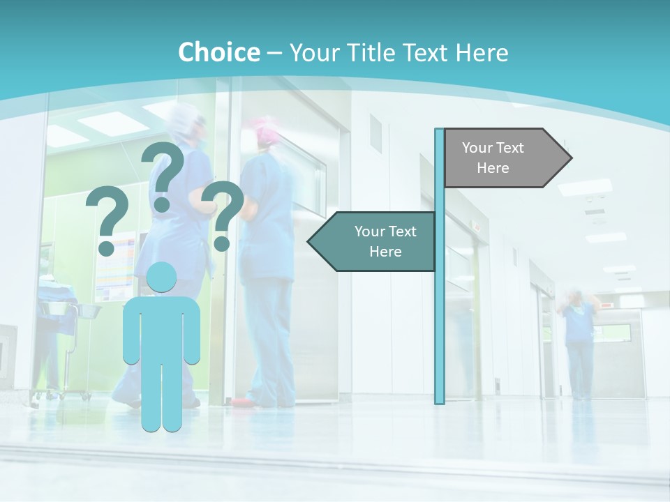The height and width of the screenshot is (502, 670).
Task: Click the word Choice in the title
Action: point(218,52)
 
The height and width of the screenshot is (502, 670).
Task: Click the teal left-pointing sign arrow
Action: point(373,241)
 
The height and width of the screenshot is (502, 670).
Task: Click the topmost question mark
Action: point(163,174)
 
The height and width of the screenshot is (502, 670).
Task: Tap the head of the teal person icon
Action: point(162,278)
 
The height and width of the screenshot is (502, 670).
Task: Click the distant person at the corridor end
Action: point(579,342)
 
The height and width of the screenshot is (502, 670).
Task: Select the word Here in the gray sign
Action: point(493,168)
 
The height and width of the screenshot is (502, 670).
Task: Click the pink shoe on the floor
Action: point(241,402)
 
